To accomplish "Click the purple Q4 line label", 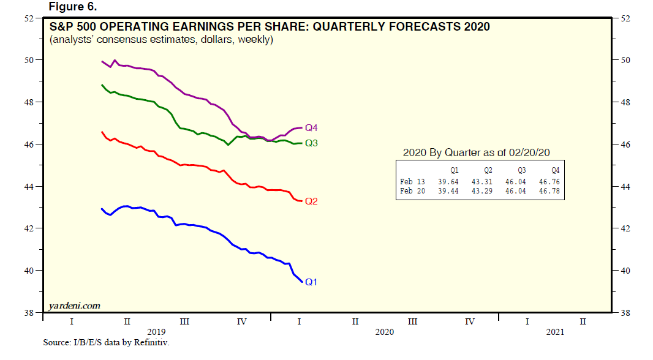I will [312, 128].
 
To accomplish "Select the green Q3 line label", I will [312, 143].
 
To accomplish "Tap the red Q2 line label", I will [312, 201].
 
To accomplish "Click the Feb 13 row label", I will [412, 182].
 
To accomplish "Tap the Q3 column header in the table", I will [521, 171].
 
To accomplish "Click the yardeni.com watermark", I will [75, 305].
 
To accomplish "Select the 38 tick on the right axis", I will [625, 312].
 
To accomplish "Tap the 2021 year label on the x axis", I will [554, 331].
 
